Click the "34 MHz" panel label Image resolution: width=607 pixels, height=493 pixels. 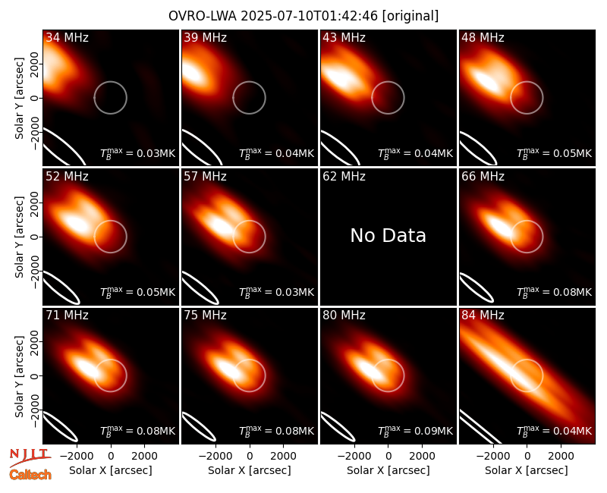[x=67, y=37]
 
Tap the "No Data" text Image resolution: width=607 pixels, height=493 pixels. [x=388, y=235]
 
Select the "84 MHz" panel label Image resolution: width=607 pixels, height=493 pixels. [x=483, y=316]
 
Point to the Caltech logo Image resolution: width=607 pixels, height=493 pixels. [x=30, y=475]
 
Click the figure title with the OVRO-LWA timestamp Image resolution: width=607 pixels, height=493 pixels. [x=303, y=16]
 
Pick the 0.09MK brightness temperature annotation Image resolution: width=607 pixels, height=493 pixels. [x=415, y=430]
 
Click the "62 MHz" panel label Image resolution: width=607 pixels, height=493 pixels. [x=344, y=177]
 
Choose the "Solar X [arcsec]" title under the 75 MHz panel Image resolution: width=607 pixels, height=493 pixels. [x=250, y=470]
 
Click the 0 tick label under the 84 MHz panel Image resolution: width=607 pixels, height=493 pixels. [x=527, y=457]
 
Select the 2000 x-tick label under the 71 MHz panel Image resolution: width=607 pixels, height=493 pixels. [x=144, y=457]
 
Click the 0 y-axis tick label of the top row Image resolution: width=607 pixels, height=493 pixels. [x=35, y=98]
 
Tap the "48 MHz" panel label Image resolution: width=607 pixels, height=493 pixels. [x=483, y=37]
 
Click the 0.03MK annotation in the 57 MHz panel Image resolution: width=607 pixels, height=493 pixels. [x=276, y=291]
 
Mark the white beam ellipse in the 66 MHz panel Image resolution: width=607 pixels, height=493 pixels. [x=477, y=287]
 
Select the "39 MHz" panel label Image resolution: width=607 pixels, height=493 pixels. [x=205, y=37]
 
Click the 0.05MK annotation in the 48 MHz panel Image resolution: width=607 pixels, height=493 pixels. [x=555, y=152]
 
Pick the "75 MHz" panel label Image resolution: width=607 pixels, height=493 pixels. [x=205, y=316]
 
